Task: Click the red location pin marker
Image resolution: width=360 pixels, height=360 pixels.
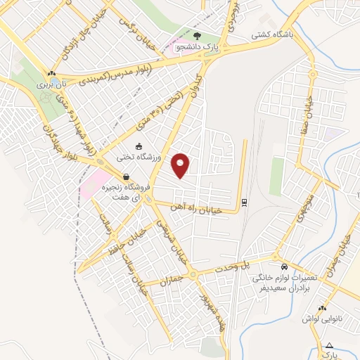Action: pos(182,165)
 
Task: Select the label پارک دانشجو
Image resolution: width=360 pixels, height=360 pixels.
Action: pos(196,48)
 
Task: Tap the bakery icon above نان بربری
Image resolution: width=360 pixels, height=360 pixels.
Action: pos(52,72)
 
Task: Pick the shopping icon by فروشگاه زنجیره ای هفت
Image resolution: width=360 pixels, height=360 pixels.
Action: pos(125,177)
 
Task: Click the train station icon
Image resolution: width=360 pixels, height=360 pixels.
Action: pos(244,202)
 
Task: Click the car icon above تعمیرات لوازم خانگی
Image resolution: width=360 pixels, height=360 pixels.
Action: pos(283,267)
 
